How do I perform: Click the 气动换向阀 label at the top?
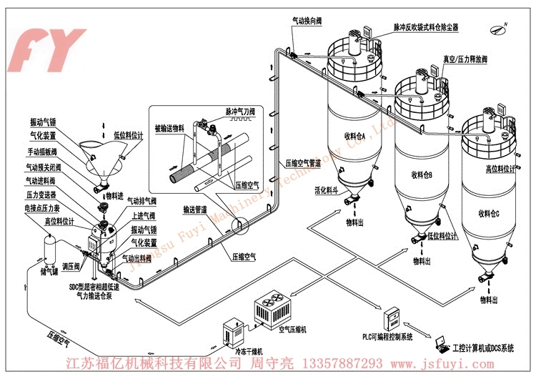(307, 21)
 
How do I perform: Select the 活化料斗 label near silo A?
(325, 192)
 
